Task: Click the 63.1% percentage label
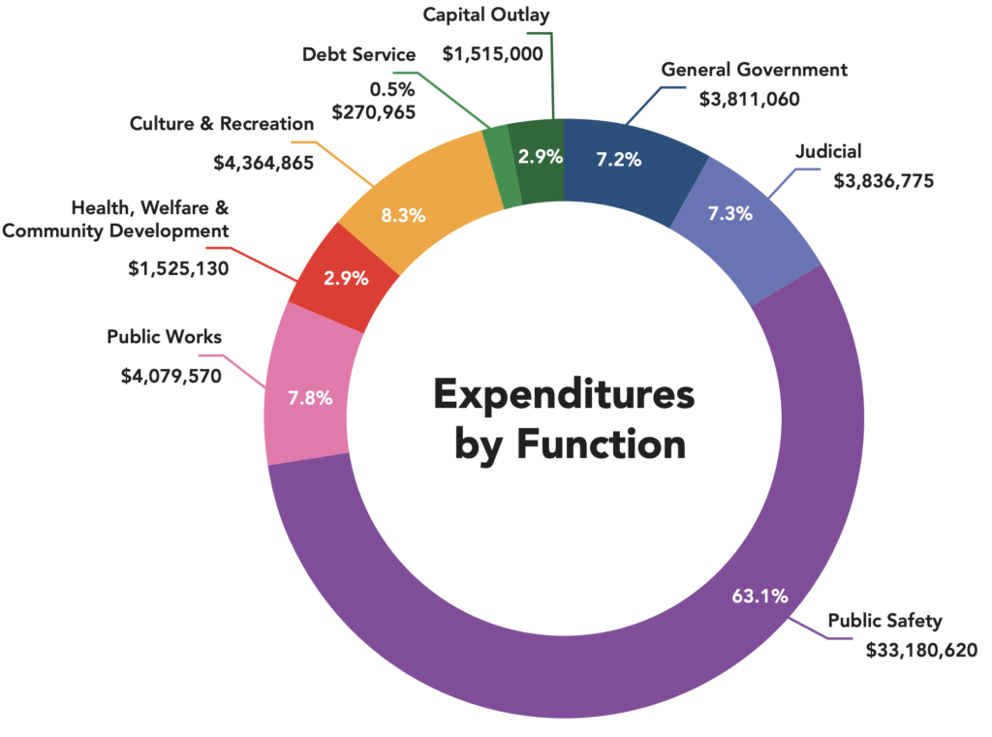pos(759,596)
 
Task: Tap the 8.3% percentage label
pos(403,216)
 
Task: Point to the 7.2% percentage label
pos(619,160)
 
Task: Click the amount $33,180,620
pos(921,649)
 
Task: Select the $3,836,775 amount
pos(883,179)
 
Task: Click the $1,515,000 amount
pos(492,54)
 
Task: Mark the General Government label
pos(754,70)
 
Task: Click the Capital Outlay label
pos(486,15)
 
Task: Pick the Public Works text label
pos(164,337)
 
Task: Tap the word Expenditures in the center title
pos(564,396)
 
